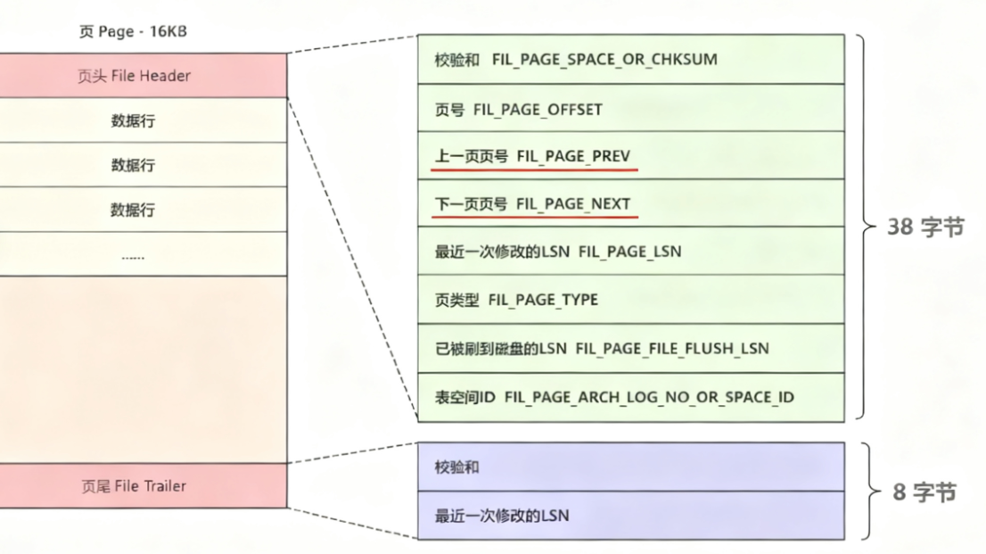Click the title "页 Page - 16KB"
tap(133, 32)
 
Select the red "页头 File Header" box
tap(134, 76)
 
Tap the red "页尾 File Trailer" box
tap(134, 486)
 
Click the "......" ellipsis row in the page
tap(133, 255)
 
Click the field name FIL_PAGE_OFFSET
tap(546, 109)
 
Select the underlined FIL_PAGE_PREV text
tap(573, 156)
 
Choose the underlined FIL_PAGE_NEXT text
tap(573, 204)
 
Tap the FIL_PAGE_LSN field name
tap(629, 252)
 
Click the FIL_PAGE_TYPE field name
tap(543, 300)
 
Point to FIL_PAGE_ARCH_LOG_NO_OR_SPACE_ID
tap(649, 396)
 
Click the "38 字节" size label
tap(925, 227)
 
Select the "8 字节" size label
tap(924, 492)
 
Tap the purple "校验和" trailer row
tap(630, 467)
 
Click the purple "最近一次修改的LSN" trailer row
tap(630, 516)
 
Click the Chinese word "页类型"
tap(457, 300)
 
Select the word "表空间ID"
tap(464, 396)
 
